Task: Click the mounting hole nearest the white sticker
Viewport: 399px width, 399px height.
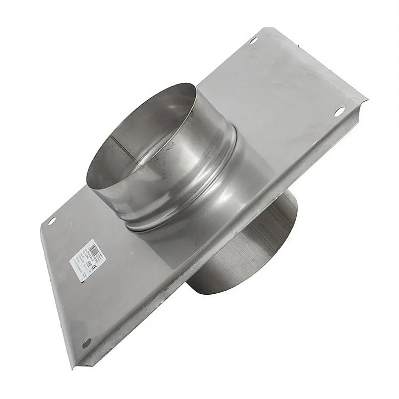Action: pyautogui.click(x=51, y=220)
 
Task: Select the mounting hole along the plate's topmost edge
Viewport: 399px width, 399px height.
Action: pyautogui.click(x=253, y=40)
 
